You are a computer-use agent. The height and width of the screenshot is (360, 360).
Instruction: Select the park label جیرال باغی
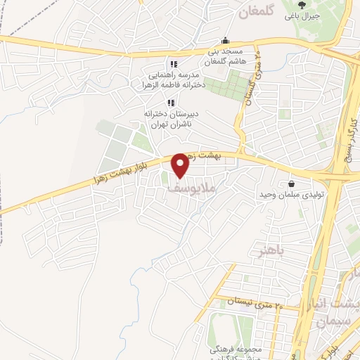tap(302, 15)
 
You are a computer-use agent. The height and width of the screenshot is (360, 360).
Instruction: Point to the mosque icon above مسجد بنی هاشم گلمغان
tap(224, 41)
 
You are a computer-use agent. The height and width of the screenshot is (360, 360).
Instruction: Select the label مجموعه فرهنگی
tap(235, 349)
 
